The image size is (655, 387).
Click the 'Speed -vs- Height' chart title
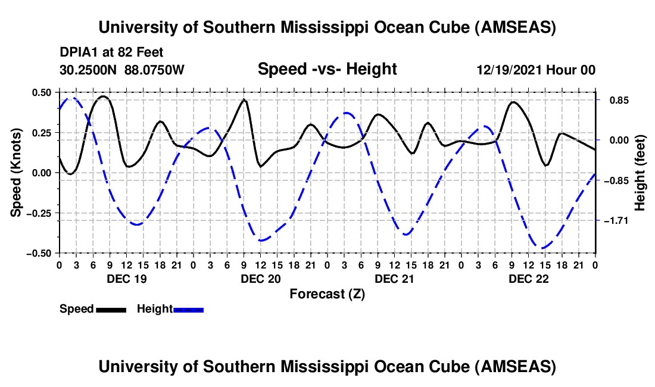(327, 69)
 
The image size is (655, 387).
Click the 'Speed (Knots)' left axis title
(17, 172)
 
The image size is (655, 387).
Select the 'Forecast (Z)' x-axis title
(326, 294)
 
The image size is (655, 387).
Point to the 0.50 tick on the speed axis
(41, 92)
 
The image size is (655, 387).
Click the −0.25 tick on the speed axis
(39, 213)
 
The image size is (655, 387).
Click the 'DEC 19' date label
(126, 279)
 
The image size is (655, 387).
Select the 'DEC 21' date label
(394, 279)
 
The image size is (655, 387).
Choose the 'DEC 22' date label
(528, 279)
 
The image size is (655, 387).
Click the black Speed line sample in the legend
(111, 310)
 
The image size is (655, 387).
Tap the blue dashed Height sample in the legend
(188, 310)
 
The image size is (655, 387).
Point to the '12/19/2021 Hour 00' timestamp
(536, 70)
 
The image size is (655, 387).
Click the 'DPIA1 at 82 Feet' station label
(111, 52)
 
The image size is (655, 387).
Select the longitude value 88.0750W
(155, 70)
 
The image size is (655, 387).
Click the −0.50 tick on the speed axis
(39, 253)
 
